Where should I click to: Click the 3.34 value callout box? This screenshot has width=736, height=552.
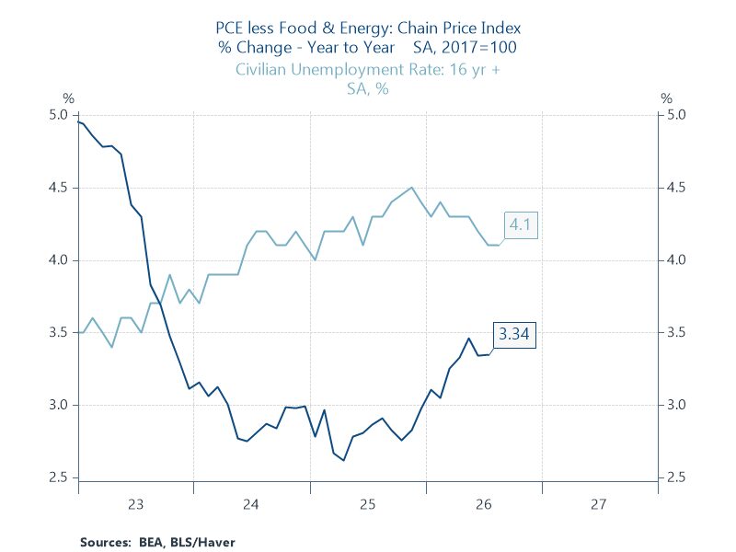(514, 334)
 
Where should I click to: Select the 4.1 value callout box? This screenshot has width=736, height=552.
(520, 224)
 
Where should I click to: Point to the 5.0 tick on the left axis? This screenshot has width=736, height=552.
(58, 115)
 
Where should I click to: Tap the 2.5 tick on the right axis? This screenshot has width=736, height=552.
(676, 477)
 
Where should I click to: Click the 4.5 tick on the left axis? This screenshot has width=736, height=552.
(58, 188)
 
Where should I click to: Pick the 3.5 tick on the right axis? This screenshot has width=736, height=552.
(676, 332)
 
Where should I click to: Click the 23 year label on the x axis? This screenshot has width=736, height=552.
(135, 504)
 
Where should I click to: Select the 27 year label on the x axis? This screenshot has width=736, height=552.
(599, 504)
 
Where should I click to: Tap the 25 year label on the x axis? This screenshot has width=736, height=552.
(367, 504)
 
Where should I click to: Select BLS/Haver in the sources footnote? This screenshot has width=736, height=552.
(202, 542)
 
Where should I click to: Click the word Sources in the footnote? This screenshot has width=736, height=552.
(105, 542)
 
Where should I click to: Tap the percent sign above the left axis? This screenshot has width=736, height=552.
(68, 98)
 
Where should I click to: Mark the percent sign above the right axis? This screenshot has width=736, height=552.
(666, 98)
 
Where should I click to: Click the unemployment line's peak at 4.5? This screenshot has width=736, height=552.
(411, 188)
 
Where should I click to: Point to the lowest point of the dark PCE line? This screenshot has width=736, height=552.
(343, 461)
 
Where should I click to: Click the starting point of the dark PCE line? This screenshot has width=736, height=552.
(78, 122)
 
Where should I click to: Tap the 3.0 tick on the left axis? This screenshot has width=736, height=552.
(58, 405)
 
